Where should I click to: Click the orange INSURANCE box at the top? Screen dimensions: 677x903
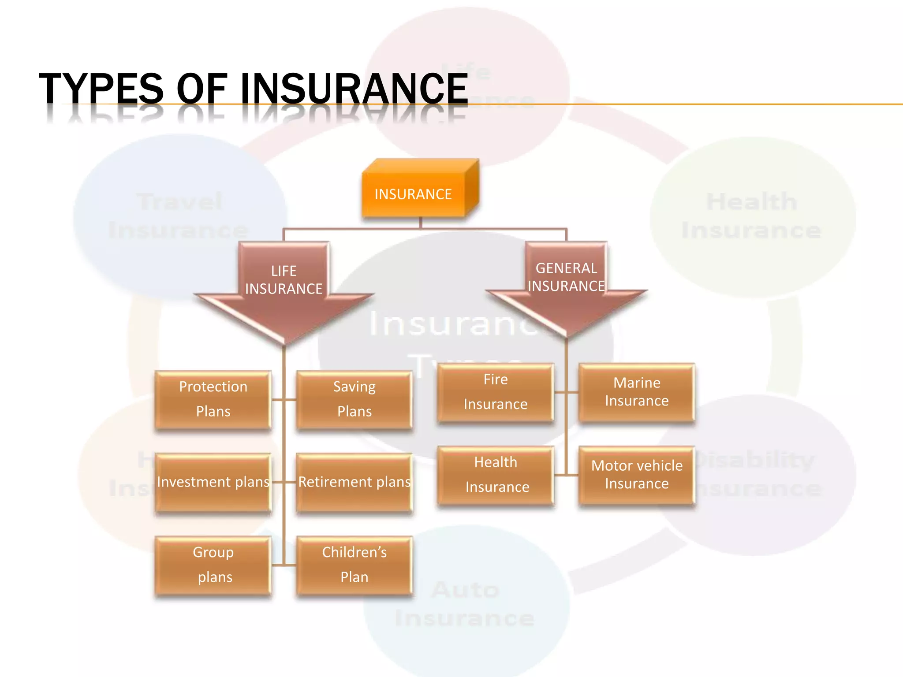tap(413, 194)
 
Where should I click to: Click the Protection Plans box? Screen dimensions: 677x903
tap(213, 399)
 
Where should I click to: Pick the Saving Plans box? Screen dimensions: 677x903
tap(354, 399)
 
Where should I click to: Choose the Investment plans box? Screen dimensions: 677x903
tap(213, 482)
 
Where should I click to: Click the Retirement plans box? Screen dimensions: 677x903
tap(354, 482)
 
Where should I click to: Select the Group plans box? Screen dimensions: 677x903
tap(213, 565)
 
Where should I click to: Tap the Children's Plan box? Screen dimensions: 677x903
tap(354, 565)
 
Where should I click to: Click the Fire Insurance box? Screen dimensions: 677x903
tap(495, 392)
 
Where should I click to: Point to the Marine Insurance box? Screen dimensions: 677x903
tap(637, 392)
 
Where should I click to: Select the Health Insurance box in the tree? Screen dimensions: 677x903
tap(495, 475)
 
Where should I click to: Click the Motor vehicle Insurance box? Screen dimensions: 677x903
tap(637, 475)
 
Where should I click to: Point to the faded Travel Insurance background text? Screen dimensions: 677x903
tap(179, 216)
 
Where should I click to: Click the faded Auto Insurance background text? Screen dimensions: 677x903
tap(465, 604)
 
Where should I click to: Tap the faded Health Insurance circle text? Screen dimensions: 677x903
tap(751, 216)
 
